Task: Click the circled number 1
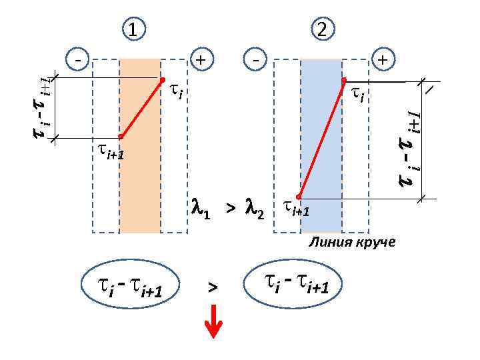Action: pyautogui.click(x=135, y=29)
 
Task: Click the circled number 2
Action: pyautogui.click(x=322, y=29)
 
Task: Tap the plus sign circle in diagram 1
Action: pyautogui.click(x=201, y=59)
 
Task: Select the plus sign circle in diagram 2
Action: pyautogui.click(x=383, y=59)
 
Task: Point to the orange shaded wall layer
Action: pyautogui.click(x=140, y=187)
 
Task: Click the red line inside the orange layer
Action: pyautogui.click(x=141, y=108)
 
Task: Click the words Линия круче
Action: pyautogui.click(x=351, y=242)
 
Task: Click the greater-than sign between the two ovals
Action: pyautogui.click(x=212, y=287)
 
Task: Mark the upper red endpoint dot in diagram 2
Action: pyautogui.click(x=344, y=81)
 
